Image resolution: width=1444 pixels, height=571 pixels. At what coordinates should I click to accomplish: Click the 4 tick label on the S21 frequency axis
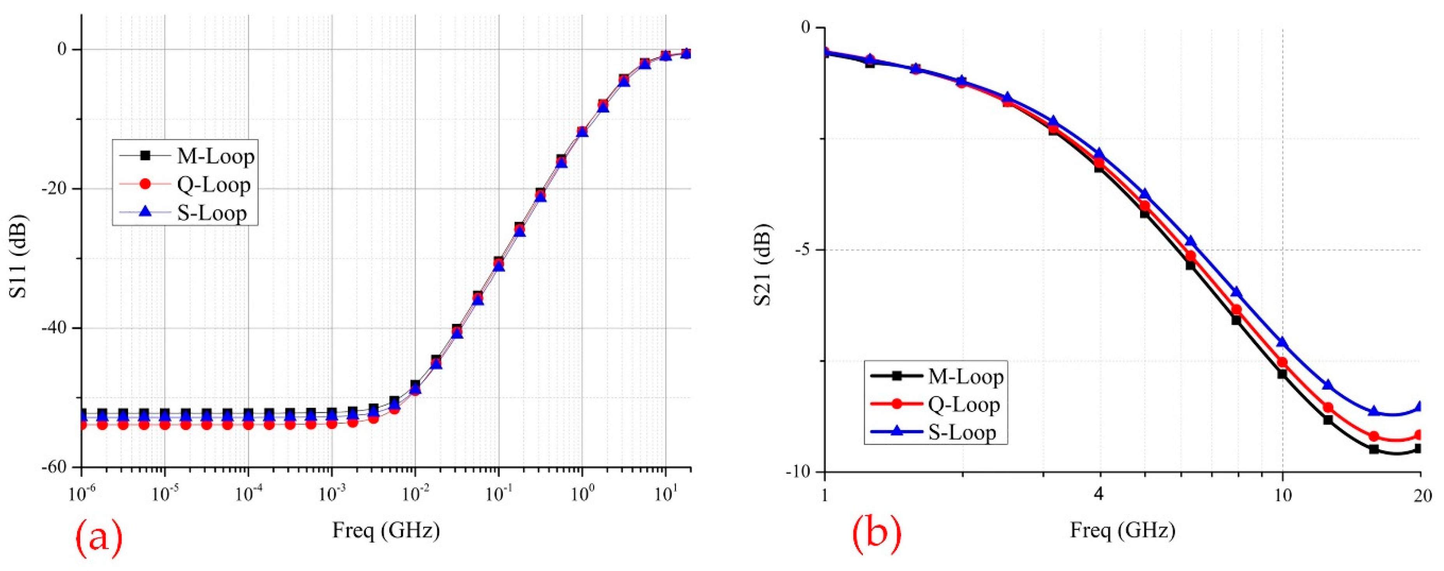1099,495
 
